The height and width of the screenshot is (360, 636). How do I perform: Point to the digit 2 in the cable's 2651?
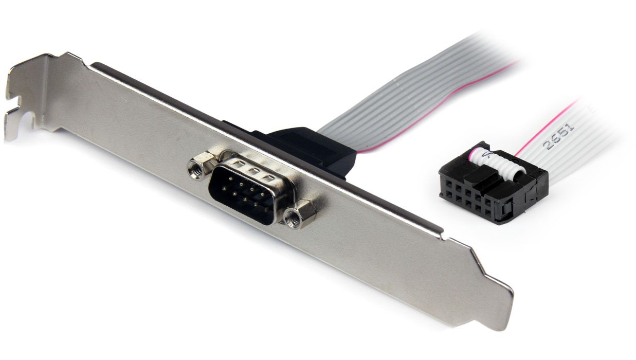[x=550, y=146]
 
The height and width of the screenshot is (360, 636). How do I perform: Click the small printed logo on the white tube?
[x=489, y=154]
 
